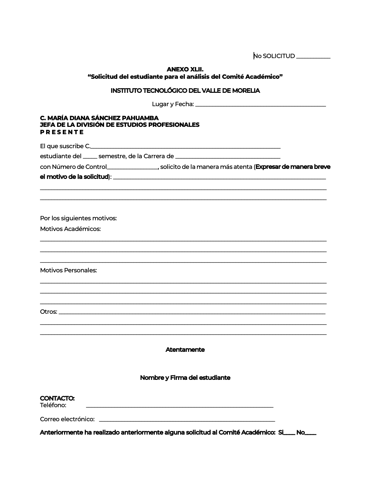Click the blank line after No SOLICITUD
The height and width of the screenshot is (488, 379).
point(313,57)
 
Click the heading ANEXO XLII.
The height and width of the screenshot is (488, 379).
point(185,69)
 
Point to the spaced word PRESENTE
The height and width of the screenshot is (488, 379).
point(62,132)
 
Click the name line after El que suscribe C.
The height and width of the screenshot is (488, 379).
point(185,147)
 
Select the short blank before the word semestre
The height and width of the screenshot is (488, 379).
point(90,157)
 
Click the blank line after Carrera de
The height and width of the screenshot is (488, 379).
point(228,157)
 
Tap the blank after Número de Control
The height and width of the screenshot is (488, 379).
point(132,168)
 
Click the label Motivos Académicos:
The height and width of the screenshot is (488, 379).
point(70,229)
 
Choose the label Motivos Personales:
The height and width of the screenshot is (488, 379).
point(68,270)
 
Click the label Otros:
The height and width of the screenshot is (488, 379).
point(49,312)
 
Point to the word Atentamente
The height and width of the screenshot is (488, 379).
point(185,350)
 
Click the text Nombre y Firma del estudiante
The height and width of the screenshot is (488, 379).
point(185,378)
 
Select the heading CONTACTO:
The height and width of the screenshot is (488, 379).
point(57,399)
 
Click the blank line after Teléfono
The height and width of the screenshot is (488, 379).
point(179,407)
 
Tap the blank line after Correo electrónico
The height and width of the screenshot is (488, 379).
point(187,420)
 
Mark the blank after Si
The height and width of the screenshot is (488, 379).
point(289,434)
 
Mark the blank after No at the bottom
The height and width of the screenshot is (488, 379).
point(311,434)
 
